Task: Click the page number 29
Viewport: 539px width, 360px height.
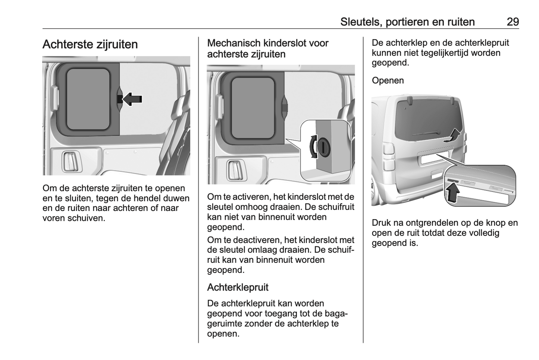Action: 513,22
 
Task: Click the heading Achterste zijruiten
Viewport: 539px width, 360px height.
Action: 90,44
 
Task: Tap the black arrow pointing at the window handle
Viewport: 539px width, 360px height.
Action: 133,99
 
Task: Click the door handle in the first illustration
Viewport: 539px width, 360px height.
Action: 70,162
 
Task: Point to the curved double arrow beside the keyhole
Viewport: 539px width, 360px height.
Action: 312,146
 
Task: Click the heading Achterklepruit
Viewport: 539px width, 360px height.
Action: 238,287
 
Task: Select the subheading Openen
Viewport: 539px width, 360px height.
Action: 388,80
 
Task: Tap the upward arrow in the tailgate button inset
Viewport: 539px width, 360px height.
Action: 452,193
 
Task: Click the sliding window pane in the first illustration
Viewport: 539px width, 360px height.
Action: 88,99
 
